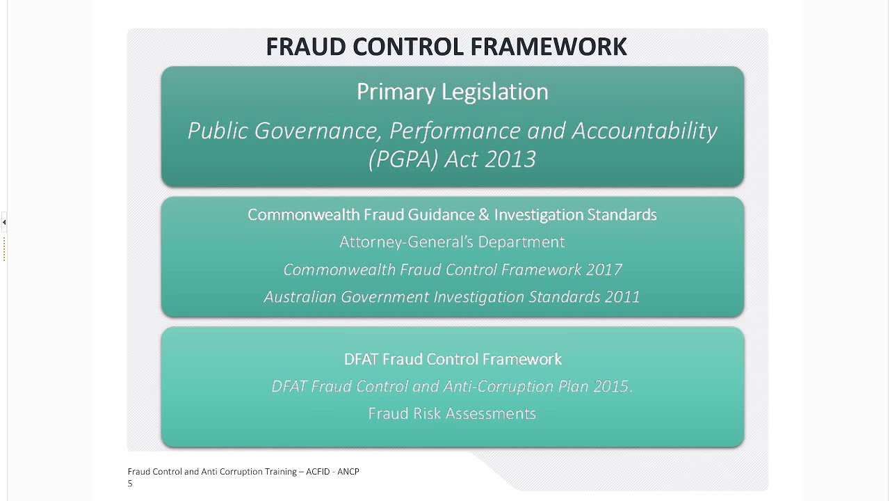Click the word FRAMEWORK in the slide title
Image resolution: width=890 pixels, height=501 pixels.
pos(549,47)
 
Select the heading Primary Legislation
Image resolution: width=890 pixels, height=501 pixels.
pos(453,92)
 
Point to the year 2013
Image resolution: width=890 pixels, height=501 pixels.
pos(510,159)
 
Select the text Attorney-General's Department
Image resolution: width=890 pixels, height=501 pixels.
pos(452,242)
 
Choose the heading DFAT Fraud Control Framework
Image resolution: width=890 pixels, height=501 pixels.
pos(453,359)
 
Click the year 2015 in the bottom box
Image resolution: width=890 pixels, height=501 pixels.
pos(610,386)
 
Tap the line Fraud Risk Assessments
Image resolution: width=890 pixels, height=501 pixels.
pos(452,414)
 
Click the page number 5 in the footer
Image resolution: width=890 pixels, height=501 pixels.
pos(130,484)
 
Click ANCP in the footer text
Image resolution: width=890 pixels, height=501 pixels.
pos(348,472)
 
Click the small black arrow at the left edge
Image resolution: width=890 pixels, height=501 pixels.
pos(4,223)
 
